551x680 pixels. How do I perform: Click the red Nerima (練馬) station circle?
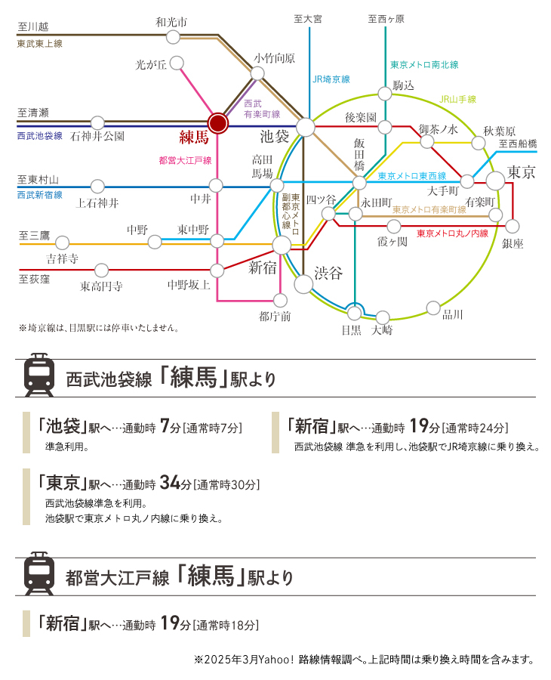pos(217,124)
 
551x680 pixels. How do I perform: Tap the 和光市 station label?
pos(171,22)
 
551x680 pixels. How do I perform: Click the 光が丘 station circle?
pos(177,63)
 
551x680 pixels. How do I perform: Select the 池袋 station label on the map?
pos(274,137)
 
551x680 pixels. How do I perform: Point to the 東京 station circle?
pos(495,181)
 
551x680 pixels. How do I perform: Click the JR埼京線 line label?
pos(331,79)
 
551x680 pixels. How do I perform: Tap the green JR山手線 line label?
pos(458,99)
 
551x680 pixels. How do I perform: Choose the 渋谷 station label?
pos(328,273)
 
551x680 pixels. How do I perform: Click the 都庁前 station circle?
pos(280,300)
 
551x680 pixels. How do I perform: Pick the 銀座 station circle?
pos(512,226)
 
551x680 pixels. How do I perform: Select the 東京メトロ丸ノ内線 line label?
pos(452,233)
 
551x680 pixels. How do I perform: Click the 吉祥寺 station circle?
pos(63,243)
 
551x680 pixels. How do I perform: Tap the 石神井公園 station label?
pos(97,136)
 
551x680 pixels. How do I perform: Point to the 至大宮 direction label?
pos(308,19)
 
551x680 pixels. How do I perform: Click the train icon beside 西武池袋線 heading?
pos(39,375)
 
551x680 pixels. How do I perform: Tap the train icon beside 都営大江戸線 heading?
pos(39,573)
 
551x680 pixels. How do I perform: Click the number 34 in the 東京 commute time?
pos(170,482)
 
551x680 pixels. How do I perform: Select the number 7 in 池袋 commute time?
pos(165,426)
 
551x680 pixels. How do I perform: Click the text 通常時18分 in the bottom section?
pos(226,626)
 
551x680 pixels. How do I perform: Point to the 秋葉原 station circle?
pos(479,143)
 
